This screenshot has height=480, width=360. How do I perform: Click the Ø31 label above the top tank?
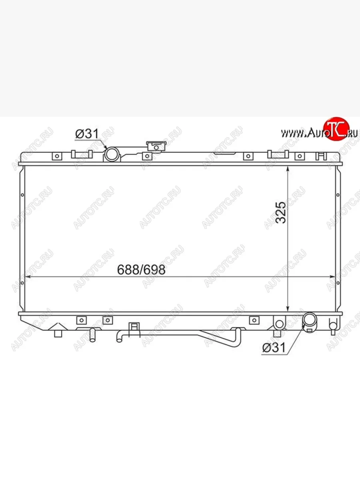coord(87,134)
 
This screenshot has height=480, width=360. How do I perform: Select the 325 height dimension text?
coord(281,212)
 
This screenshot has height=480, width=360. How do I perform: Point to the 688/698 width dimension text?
coord(141,270)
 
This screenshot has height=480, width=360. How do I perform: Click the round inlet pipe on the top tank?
coord(111,154)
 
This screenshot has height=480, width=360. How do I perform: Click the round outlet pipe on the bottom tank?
coord(309,320)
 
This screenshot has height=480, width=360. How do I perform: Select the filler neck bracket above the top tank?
coord(156,146)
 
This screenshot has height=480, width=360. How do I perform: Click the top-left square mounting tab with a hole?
coord(57,156)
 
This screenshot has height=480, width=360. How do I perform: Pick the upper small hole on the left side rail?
coord(22,195)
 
